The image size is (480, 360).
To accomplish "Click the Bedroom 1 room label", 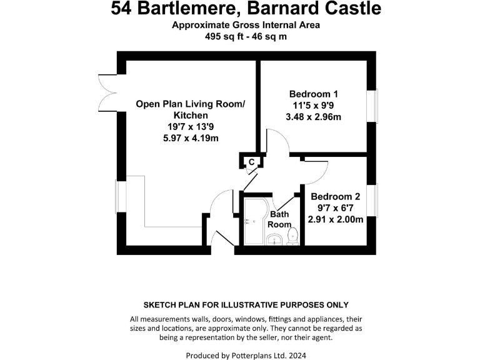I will [x=313, y=94].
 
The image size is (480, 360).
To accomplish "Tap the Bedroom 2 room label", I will [x=335, y=196].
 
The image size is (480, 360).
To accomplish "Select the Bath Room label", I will [x=279, y=219].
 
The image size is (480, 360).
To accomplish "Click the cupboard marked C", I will [x=251, y=162].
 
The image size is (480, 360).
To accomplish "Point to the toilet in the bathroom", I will [x=292, y=236].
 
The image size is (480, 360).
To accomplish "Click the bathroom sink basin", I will [x=273, y=239].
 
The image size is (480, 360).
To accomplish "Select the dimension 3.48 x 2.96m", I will [x=313, y=117].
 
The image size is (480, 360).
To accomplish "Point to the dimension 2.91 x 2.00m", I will [x=335, y=219].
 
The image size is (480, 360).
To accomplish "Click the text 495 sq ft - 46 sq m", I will [x=246, y=36].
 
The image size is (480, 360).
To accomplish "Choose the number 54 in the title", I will [x=122, y=9].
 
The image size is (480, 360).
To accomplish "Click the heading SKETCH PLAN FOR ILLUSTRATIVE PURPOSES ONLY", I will [x=246, y=304].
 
